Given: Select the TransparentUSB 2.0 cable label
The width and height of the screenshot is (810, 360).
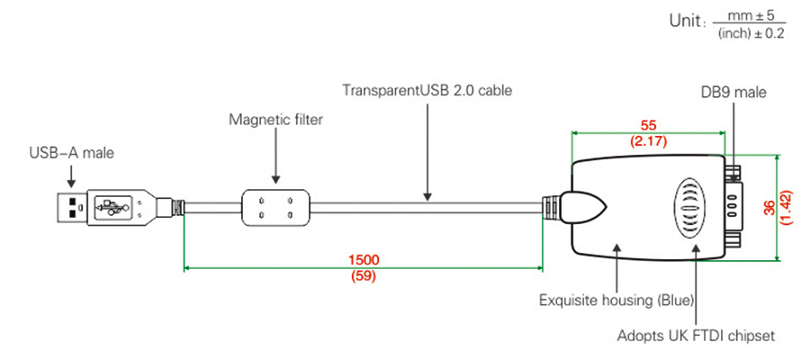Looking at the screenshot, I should [427, 90].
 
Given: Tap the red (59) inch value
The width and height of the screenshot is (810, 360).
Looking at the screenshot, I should [363, 275].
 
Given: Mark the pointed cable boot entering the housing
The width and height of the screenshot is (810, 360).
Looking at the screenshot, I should [580, 209].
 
